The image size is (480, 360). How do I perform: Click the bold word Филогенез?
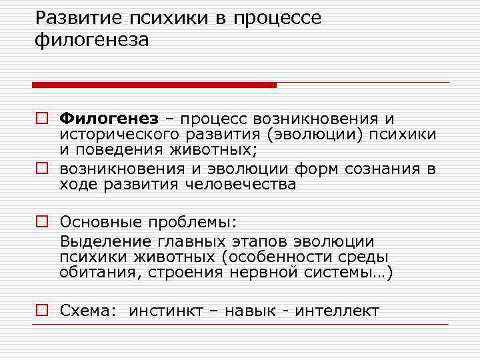[109, 119]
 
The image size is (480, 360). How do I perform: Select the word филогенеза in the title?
[93, 41]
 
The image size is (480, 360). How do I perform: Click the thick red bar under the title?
[154, 85]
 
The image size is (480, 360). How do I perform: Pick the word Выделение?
[105, 241]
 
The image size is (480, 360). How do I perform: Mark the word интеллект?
[339, 311]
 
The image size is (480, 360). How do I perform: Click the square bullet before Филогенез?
[41, 119]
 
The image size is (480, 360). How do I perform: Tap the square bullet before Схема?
[41, 311]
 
